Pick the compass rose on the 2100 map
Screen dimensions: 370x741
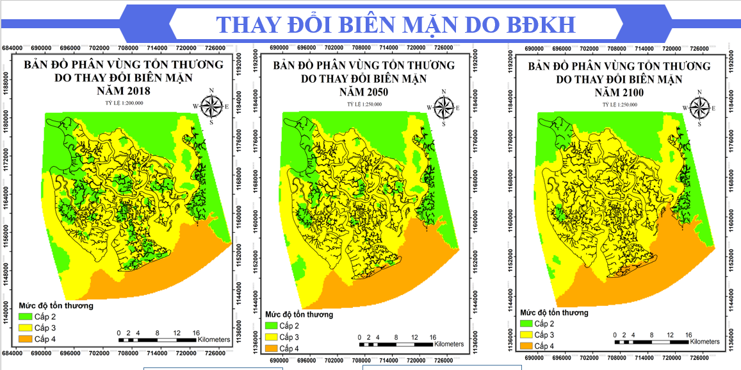click(x=699, y=107)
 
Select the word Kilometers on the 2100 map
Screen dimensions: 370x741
click(x=703, y=342)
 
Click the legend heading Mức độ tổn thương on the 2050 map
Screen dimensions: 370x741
click(x=299, y=315)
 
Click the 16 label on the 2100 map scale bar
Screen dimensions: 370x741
click(x=688, y=335)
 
